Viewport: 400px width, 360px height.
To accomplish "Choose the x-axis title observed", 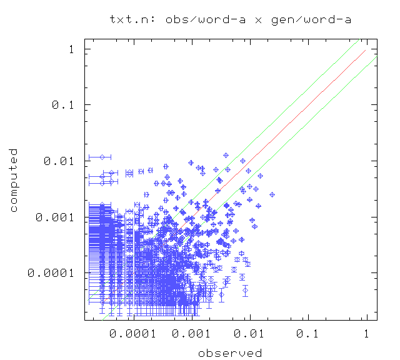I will click(229, 353).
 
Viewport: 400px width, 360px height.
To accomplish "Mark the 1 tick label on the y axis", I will click(73, 49).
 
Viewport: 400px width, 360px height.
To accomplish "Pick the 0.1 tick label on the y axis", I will click(64, 105).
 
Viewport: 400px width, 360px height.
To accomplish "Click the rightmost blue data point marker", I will click(272, 194).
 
